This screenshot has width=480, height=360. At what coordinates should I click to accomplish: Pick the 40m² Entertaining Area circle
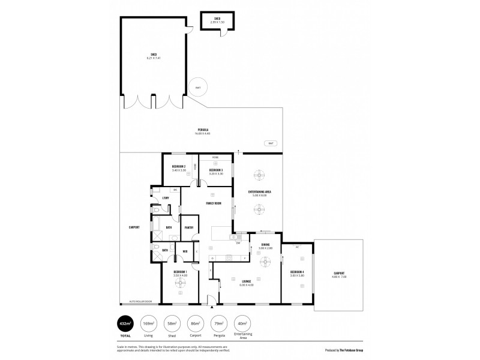(x=242, y=323)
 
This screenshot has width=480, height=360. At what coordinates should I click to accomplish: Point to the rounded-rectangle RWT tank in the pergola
(x=271, y=143)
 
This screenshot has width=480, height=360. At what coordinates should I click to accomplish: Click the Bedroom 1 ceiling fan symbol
(x=179, y=285)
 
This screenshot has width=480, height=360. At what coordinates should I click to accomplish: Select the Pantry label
(x=189, y=227)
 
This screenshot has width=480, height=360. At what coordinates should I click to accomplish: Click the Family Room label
(x=214, y=203)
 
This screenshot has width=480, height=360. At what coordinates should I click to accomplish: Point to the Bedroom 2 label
(x=178, y=166)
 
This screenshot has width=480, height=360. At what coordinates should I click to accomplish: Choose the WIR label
(x=186, y=251)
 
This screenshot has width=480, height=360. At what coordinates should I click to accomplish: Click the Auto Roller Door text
(x=141, y=301)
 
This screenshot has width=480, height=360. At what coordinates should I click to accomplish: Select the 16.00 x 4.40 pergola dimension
(x=203, y=133)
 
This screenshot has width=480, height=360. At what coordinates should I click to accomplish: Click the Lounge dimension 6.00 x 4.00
(x=247, y=284)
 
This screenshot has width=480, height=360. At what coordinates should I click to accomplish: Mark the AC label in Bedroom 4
(x=298, y=247)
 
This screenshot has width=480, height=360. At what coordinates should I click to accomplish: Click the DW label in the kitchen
(x=238, y=243)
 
